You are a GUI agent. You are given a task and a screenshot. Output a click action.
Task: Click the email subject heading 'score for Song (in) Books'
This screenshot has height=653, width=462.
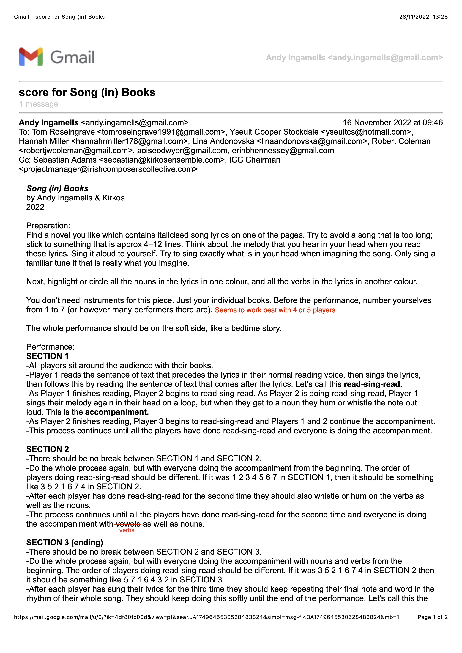87,93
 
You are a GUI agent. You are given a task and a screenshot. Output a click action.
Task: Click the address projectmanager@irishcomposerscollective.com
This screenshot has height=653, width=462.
108,169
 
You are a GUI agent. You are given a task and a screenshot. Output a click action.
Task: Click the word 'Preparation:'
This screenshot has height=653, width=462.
48,226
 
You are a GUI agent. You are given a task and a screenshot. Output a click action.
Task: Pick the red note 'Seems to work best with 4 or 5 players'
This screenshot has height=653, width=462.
275,310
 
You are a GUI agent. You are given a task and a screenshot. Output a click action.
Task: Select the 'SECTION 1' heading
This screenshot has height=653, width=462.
47,356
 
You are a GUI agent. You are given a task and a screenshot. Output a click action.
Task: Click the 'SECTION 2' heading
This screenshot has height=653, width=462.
48,449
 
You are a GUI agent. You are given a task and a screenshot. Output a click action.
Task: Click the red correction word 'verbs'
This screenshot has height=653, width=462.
127,530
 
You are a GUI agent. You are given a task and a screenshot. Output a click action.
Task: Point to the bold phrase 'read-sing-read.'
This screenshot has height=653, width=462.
373,384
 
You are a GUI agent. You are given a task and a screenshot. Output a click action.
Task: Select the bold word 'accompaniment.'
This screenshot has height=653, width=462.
117,412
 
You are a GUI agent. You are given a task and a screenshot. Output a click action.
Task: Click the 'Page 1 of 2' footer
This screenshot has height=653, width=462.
432,617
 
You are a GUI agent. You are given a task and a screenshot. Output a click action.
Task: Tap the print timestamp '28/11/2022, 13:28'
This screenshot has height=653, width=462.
423,17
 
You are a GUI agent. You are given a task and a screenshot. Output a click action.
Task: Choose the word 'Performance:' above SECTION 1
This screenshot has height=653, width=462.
50,347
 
